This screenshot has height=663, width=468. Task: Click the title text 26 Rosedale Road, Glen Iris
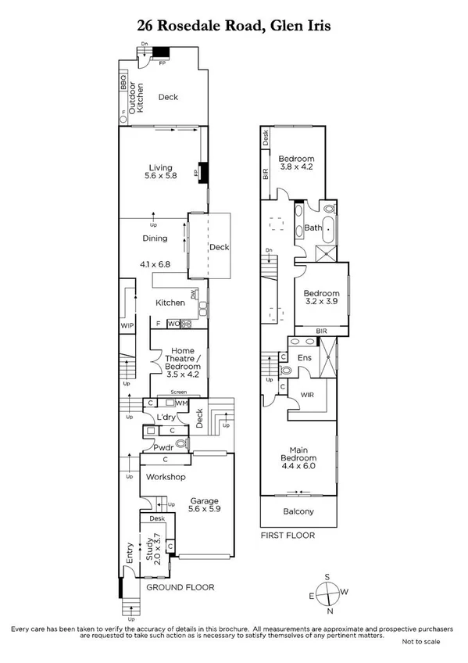[x=234, y=26]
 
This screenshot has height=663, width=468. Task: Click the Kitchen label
[x=170, y=303]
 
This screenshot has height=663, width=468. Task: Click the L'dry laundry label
[x=165, y=418]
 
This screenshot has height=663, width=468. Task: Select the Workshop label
[x=165, y=477]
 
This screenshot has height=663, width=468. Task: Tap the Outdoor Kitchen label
[x=136, y=97]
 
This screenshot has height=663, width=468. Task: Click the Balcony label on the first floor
[x=298, y=512]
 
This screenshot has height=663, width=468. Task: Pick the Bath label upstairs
[x=313, y=228]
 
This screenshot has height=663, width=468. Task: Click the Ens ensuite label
[x=305, y=358]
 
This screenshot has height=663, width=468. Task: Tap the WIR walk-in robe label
[x=308, y=396]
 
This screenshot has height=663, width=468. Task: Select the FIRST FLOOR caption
[x=287, y=536]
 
